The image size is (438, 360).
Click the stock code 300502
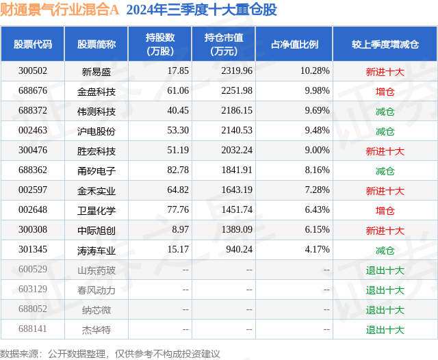pyautogui.click(x=33, y=71)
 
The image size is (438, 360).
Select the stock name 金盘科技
pyautogui.click(x=96, y=91)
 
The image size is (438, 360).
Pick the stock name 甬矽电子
pyautogui.click(x=96, y=171)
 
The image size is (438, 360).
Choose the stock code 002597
pyautogui.click(x=33, y=191)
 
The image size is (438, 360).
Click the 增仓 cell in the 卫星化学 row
pyautogui.click(x=385, y=211)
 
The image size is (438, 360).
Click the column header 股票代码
pyautogui.click(x=33, y=44)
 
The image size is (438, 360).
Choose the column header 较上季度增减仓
pyautogui.click(x=385, y=44)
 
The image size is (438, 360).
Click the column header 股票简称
pyautogui.click(x=96, y=44)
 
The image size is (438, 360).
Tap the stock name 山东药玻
pyautogui.click(x=96, y=270)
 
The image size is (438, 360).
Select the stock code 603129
pyautogui.click(x=33, y=290)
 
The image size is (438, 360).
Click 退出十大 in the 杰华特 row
pyautogui.click(x=385, y=330)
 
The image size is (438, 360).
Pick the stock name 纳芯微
pyautogui.click(x=96, y=310)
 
